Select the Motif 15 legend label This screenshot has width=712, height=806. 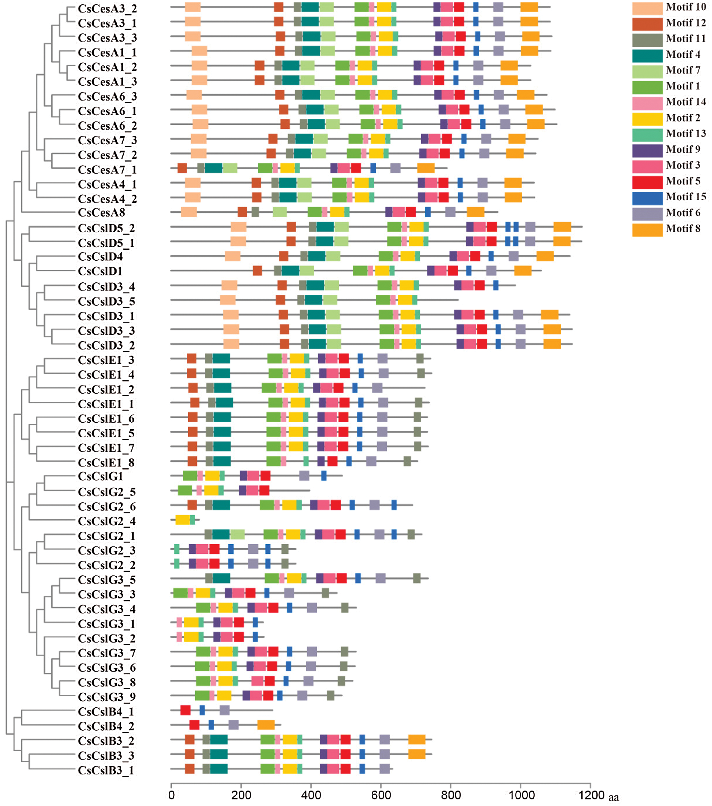686,197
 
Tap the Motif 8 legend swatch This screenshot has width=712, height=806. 647,230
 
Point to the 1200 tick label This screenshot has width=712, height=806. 591,795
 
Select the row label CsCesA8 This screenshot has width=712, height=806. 101,213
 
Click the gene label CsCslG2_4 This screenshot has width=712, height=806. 106,521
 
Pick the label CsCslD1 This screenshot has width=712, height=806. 100,271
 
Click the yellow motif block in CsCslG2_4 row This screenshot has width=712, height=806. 182,520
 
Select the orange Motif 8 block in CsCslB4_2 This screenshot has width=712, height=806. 266,725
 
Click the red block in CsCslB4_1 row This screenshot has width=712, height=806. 185,710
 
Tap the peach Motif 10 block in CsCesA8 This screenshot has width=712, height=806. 189,212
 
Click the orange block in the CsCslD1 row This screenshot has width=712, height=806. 523,271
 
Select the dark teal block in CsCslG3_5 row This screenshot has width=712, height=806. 221,578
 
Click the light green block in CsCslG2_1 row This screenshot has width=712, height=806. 237,535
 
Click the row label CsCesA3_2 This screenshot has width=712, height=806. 107,9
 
